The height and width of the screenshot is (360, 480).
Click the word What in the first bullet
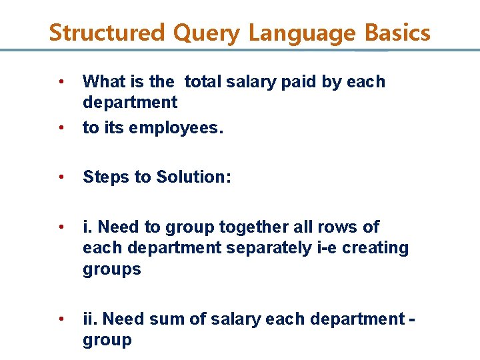click(x=102, y=81)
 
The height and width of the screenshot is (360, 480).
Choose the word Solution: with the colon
click(x=194, y=177)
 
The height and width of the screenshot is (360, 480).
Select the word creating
click(x=379, y=247)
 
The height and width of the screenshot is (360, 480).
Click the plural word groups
click(x=112, y=269)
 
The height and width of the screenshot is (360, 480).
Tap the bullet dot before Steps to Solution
click(x=61, y=177)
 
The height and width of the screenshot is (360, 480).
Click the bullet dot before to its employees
click(x=61, y=127)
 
